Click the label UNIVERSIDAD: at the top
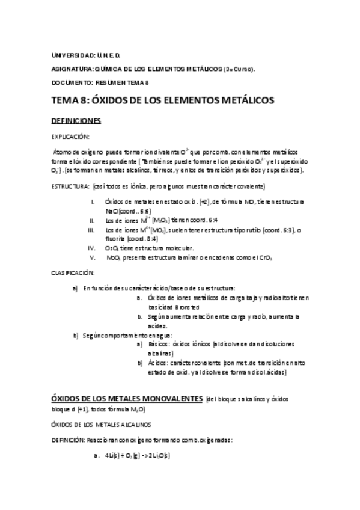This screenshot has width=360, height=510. click(x=70, y=54)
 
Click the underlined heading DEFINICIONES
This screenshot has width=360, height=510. click(x=76, y=121)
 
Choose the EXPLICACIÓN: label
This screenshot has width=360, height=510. click(x=71, y=137)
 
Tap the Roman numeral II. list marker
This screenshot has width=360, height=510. click(x=92, y=221)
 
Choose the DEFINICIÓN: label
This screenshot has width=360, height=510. click(x=69, y=440)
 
